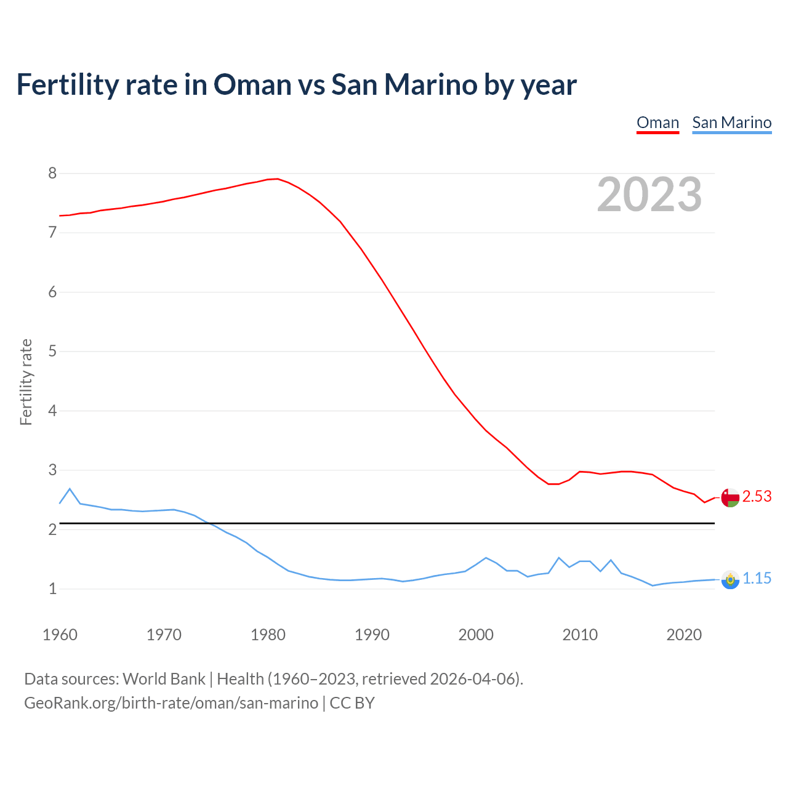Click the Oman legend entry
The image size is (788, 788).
(657, 123)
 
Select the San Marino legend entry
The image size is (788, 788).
(731, 123)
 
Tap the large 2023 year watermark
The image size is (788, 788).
(649, 195)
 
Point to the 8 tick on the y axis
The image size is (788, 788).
(52, 174)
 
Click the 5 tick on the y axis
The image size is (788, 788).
(52, 352)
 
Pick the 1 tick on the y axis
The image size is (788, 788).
(52, 589)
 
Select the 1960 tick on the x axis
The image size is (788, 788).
(60, 635)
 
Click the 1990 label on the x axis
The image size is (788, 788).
(372, 635)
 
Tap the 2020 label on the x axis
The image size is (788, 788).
(684, 635)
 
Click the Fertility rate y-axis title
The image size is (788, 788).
(26, 382)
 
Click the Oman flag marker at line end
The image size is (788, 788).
(730, 497)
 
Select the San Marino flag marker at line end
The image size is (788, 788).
(730, 579)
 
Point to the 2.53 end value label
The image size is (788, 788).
(757, 496)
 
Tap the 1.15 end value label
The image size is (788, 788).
(757, 579)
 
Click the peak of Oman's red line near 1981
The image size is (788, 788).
(278, 179)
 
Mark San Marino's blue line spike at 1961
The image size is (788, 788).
(70, 489)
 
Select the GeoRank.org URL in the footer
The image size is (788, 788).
(171, 703)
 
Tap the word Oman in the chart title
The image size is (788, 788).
(252, 84)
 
